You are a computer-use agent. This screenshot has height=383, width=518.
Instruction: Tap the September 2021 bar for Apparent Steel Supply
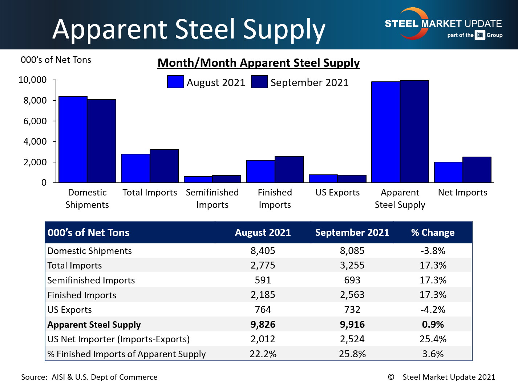(x=414, y=132)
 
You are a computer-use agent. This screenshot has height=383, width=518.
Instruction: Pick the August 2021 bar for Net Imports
(x=449, y=172)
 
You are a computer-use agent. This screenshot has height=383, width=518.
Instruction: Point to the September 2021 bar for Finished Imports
(x=289, y=169)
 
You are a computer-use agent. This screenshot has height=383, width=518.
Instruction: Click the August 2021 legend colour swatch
(x=175, y=82)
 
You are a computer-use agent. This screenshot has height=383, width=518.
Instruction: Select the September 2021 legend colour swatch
(x=259, y=82)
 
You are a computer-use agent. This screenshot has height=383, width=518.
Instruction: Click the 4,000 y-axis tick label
(x=35, y=141)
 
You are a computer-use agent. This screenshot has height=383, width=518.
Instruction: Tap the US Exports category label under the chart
(x=337, y=192)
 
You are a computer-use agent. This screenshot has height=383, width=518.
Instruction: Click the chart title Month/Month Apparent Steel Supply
(x=259, y=63)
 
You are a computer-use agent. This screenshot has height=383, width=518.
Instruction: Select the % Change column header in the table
(x=433, y=233)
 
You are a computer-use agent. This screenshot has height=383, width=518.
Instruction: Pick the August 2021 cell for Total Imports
(x=263, y=265)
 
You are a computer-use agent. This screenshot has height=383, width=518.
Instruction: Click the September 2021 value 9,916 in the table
(x=352, y=324)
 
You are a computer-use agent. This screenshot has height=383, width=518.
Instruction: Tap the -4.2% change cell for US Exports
(x=433, y=310)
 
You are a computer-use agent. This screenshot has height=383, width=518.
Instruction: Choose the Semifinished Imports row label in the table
(x=91, y=280)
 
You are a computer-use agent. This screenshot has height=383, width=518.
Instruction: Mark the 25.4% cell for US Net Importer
(x=433, y=339)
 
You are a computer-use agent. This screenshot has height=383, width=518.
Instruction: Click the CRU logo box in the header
(x=480, y=35)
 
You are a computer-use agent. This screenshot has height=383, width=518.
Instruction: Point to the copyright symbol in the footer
(x=391, y=377)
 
